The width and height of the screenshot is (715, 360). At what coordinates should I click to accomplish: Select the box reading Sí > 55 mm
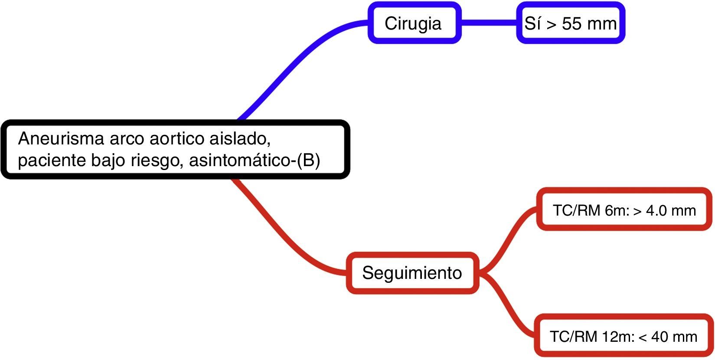pos(570,23)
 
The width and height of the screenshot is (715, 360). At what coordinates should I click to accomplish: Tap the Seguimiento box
pos(412,273)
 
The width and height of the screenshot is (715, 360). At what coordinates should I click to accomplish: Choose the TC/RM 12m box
pos(624,336)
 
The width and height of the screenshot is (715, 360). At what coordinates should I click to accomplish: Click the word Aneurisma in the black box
pos(61,139)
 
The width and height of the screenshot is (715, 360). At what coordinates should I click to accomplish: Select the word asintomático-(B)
pos(255,161)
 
